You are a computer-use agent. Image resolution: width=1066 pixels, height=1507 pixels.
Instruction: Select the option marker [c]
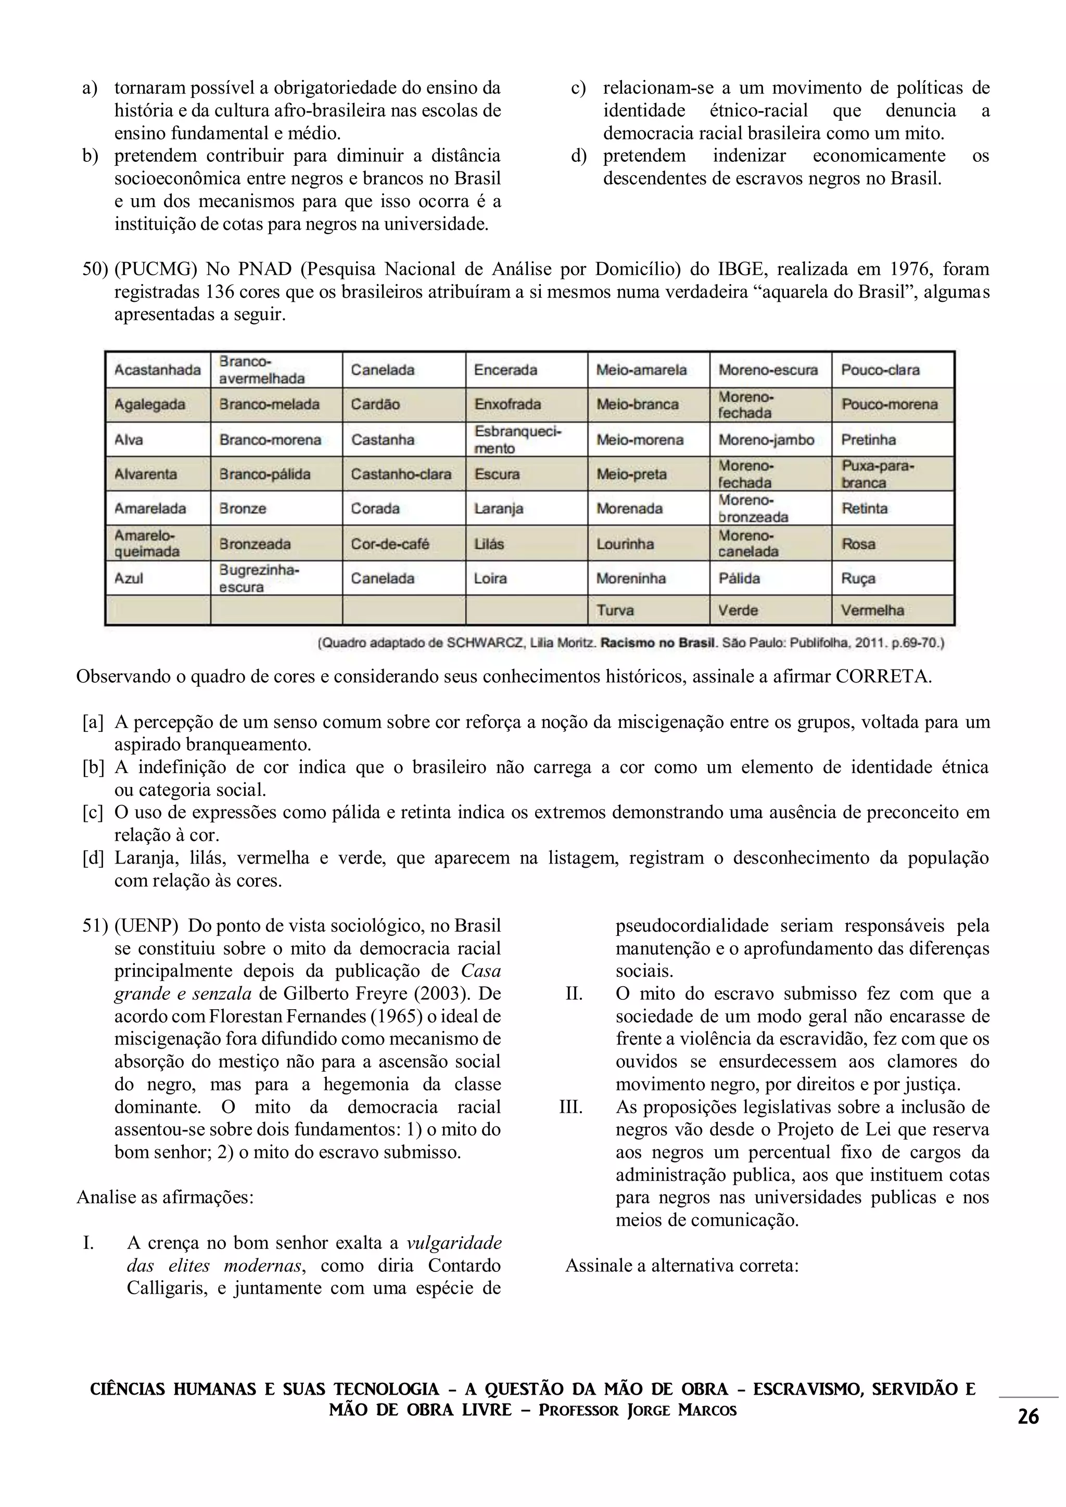pos(93,813)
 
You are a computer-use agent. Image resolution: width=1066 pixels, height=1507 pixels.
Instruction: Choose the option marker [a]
pos(93,722)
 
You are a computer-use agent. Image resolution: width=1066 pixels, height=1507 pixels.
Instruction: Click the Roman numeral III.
pos(570,1106)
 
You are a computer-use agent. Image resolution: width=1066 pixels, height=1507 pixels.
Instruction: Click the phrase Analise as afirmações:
pos(165,1197)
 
